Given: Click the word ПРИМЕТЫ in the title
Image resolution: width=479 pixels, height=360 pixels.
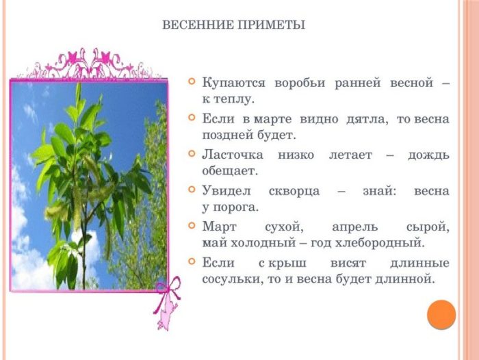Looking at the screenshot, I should coord(272,25).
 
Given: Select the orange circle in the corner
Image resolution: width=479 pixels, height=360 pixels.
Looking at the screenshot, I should coord(441,314).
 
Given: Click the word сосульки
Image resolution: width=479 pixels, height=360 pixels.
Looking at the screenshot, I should coord(232,279).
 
